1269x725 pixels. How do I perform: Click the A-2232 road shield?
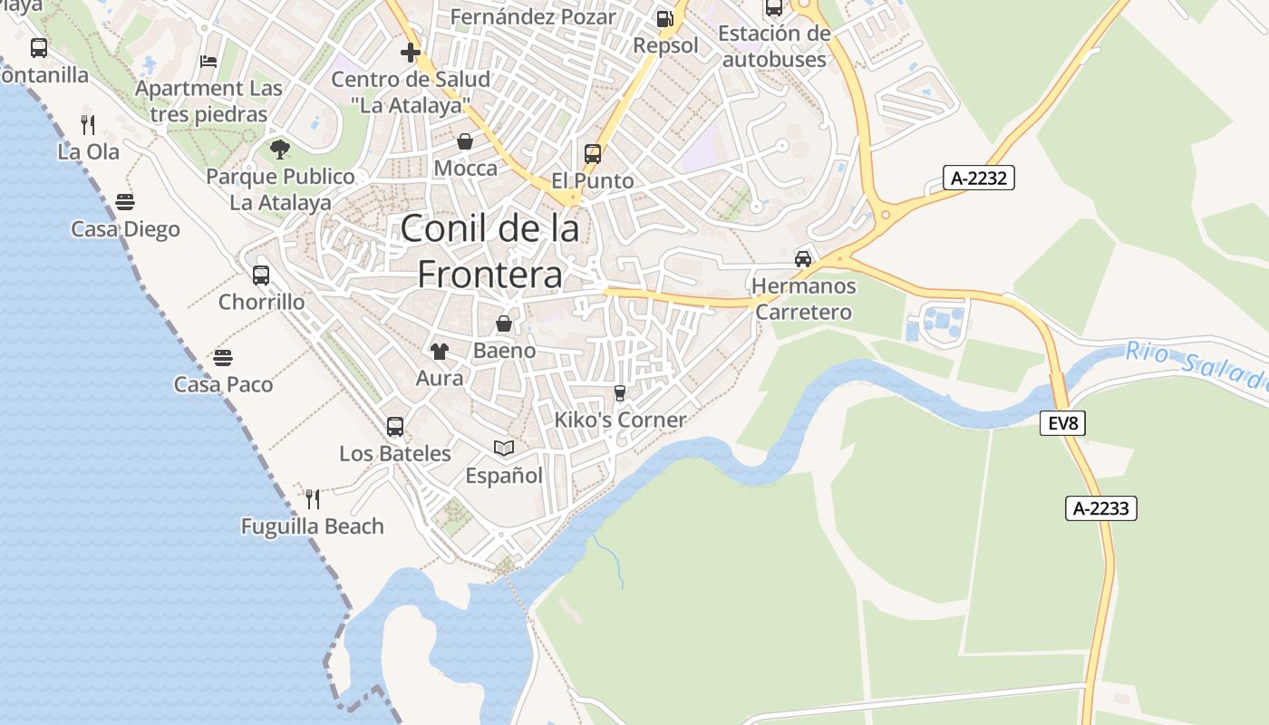point(978,178)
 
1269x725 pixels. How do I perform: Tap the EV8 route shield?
point(1062,422)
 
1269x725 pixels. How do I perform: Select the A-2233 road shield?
point(1100,508)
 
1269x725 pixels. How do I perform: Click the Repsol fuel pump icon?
point(664,18)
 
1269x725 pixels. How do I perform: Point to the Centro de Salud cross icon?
point(411,52)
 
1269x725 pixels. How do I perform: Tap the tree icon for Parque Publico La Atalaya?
point(279,149)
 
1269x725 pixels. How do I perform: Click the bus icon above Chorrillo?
point(261,275)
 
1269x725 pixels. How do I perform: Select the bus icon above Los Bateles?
point(394,426)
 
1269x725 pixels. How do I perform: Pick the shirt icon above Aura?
point(439,351)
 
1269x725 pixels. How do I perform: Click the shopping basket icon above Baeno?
point(504,324)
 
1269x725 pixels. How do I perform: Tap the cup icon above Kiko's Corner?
point(620,392)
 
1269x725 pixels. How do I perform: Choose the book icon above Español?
point(503,448)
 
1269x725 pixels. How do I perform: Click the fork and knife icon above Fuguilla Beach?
point(313,498)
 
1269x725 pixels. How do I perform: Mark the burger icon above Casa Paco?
point(223,358)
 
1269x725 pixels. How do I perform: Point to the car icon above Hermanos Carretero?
point(802,259)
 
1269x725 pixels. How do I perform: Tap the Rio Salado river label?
point(1196,365)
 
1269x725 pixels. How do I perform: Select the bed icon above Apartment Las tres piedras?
point(208,62)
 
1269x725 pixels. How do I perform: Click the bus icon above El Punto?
point(593,153)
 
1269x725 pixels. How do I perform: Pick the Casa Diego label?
point(126,229)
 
